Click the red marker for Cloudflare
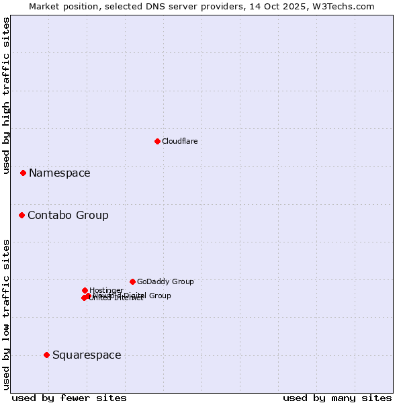coord(157,141)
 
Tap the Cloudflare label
coord(180,141)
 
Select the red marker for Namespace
coord(23,173)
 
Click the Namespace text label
coord(59,173)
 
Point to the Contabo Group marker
coord(21,215)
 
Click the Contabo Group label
coord(68,215)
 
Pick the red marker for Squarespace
coord(46,355)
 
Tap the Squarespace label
coord(87,355)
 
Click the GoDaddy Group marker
coord(132,281)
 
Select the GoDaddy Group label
coord(165,281)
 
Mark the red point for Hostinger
coord(85,290)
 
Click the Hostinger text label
coord(106,290)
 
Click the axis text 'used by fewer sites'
coord(69,398)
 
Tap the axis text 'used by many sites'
coord(337,398)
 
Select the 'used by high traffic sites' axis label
coord(6,95)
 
